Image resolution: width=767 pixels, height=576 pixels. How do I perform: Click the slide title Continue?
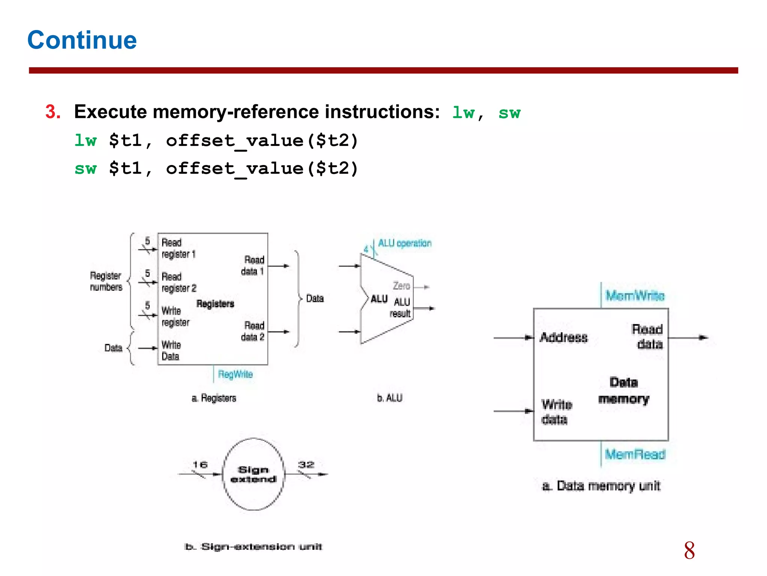[82, 40]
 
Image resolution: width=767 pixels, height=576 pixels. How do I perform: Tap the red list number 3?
[53, 112]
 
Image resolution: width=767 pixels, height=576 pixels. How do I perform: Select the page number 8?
[689, 550]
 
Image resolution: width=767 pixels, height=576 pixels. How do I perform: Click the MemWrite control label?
[635, 296]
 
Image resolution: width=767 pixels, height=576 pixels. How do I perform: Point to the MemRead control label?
[635, 454]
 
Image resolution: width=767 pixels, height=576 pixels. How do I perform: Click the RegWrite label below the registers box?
[235, 374]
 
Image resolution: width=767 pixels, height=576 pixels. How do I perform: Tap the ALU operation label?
[404, 243]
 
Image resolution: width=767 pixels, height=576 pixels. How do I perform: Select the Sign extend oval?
[253, 474]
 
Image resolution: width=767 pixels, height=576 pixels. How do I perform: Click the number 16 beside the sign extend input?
[200, 465]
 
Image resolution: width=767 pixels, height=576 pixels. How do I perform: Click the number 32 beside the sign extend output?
[306, 465]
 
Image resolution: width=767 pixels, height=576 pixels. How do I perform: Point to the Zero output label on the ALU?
[401, 286]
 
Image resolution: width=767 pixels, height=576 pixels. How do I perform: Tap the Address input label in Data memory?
[564, 337]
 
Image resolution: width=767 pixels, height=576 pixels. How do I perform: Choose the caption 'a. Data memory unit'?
[601, 486]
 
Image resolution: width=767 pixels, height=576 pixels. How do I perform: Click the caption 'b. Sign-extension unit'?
[253, 547]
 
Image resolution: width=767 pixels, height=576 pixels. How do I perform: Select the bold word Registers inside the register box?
[215, 304]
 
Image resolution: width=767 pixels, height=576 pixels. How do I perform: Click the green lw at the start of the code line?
[85, 141]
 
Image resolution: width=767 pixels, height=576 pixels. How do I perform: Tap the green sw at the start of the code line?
[85, 168]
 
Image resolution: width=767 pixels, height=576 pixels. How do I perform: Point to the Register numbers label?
[106, 281]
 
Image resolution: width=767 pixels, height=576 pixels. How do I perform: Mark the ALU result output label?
[401, 308]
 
